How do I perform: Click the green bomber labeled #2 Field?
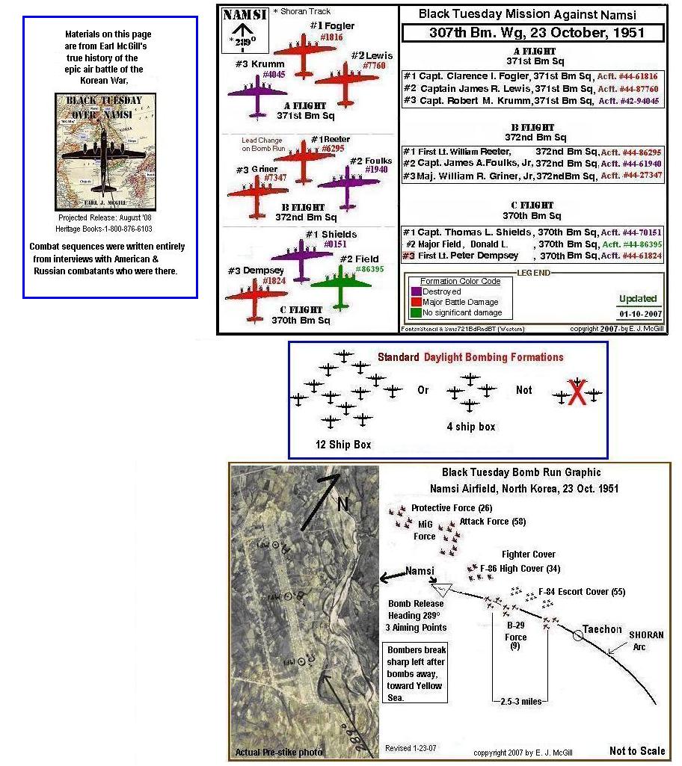(341, 283)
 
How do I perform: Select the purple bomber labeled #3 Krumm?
(257, 95)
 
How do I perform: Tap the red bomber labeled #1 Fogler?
(304, 53)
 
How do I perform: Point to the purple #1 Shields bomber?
(301, 259)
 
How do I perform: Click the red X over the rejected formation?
(577, 395)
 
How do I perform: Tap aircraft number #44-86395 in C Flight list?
(632, 244)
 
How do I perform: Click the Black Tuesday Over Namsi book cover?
(106, 152)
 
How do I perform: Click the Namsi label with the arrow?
(420, 572)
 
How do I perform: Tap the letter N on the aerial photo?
(343, 504)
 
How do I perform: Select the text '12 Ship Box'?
(343, 445)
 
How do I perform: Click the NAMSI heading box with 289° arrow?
(242, 31)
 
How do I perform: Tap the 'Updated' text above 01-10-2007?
(637, 299)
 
